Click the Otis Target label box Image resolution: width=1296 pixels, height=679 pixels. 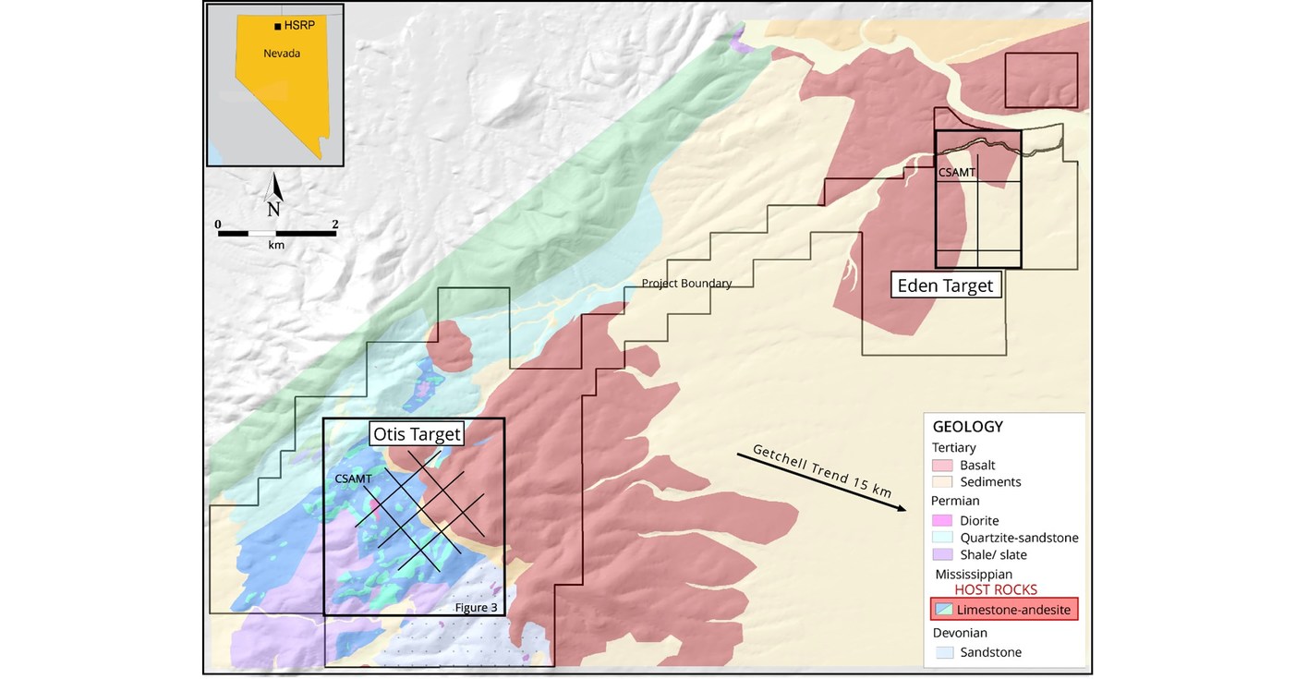tap(416, 433)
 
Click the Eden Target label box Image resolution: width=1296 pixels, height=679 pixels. tap(945, 285)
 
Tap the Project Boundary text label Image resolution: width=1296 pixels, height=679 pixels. tap(686, 284)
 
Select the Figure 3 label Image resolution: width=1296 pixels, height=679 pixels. tap(477, 607)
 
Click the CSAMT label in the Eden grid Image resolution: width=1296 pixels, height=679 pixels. tap(956, 172)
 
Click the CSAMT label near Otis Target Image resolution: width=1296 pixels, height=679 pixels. tap(353, 479)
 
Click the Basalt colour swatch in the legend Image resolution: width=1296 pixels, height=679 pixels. tap(943, 466)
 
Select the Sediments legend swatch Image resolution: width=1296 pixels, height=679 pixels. tap(943, 482)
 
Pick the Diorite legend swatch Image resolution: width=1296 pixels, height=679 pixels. tap(943, 521)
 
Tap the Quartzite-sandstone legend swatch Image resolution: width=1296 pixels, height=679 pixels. tap(943, 538)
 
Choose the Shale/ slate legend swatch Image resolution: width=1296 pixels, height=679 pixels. tap(943, 554)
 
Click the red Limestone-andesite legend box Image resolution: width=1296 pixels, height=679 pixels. tap(1004, 610)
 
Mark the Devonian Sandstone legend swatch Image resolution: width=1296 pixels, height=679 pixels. tap(943, 652)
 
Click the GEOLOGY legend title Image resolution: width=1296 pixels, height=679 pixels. tap(967, 427)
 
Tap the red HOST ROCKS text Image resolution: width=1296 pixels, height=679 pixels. tap(996, 589)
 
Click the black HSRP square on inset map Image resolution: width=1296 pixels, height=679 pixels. tap(278, 27)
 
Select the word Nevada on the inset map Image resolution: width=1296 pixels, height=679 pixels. tap(282, 54)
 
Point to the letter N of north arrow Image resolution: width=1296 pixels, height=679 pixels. tap(273, 209)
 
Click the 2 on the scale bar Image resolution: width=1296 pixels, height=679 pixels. tap(335, 224)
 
